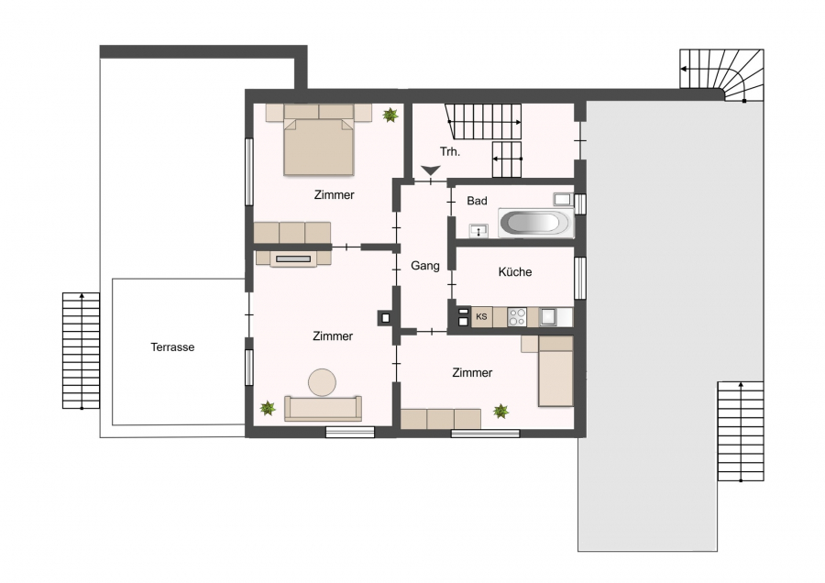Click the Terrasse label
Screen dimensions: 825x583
[172, 347]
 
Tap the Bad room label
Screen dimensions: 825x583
[478, 201]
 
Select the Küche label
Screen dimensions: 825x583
[515, 271]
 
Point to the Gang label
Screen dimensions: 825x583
[425, 266]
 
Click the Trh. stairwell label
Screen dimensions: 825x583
[450, 151]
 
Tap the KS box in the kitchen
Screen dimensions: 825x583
[481, 317]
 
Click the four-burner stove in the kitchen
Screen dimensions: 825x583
[517, 317]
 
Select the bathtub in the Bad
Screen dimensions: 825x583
[535, 222]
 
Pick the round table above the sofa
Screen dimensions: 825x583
[322, 382]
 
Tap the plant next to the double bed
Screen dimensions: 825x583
[390, 115]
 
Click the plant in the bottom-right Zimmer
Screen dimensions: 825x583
[500, 411]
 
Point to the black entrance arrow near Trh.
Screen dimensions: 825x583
[431, 170]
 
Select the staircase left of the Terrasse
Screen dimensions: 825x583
[81, 350]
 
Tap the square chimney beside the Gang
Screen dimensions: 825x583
[385, 317]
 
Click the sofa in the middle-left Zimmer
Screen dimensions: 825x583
[323, 408]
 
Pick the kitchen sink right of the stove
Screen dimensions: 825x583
[549, 317]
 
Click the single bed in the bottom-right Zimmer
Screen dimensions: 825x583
[555, 371]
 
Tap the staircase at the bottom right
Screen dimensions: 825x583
[741, 431]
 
